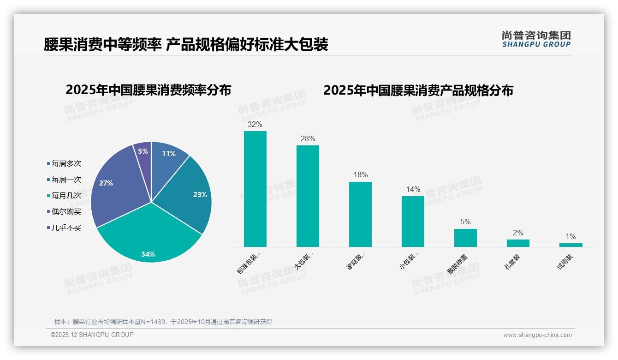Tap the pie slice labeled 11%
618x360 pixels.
point(167,159)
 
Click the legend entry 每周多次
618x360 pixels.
point(66,163)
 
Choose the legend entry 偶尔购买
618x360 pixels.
point(66,211)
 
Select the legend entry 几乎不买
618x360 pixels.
point(66,228)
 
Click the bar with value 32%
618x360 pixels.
point(255,189)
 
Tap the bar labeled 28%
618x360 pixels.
point(308,196)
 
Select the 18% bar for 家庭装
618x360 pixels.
point(360,215)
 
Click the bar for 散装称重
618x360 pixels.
point(465,238)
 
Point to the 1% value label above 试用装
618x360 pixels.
point(570,236)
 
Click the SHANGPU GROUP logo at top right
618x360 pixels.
point(536,39)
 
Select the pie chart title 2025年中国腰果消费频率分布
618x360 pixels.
point(148,90)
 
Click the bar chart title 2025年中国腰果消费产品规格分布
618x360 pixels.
point(418,90)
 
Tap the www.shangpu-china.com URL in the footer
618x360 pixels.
point(537,335)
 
